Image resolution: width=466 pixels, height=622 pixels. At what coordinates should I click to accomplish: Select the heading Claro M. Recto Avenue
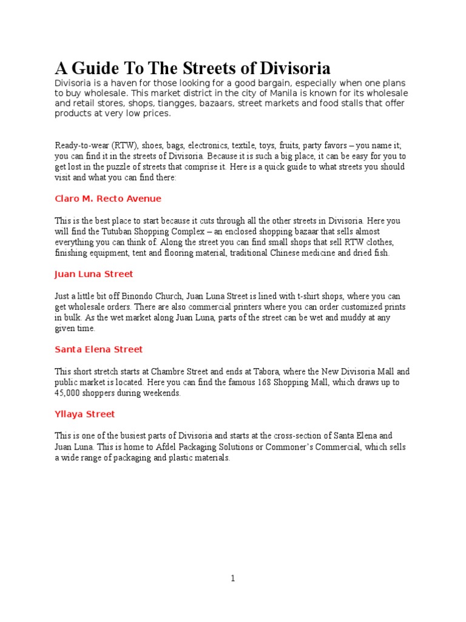[108, 199]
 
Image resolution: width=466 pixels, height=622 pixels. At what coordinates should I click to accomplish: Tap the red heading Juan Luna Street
[93, 274]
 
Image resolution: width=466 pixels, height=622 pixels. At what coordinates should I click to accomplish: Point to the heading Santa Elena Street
[98, 349]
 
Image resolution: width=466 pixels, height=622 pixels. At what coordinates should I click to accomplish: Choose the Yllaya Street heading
[84, 414]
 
